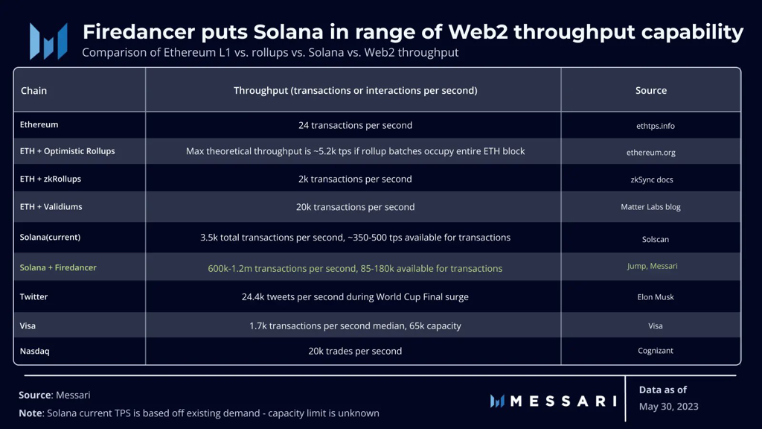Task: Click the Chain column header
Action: (x=33, y=90)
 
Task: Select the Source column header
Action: (x=650, y=90)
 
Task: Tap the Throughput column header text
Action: (x=355, y=90)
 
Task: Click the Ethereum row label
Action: (x=39, y=124)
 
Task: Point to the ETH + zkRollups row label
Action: (x=50, y=179)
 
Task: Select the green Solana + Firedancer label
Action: (x=58, y=267)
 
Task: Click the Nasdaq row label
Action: (x=34, y=351)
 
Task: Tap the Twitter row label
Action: (x=33, y=296)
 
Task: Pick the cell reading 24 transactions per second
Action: (x=355, y=125)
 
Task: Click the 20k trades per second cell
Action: (x=355, y=352)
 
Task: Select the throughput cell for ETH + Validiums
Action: (x=355, y=207)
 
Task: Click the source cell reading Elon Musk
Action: (x=656, y=297)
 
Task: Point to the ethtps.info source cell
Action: (x=656, y=126)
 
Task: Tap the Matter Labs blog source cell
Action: (x=650, y=207)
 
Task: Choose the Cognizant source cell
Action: (x=656, y=351)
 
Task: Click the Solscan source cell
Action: (x=656, y=239)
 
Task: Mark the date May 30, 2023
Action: (x=669, y=407)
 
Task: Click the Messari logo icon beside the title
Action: (x=48, y=41)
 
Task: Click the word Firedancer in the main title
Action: (x=139, y=32)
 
